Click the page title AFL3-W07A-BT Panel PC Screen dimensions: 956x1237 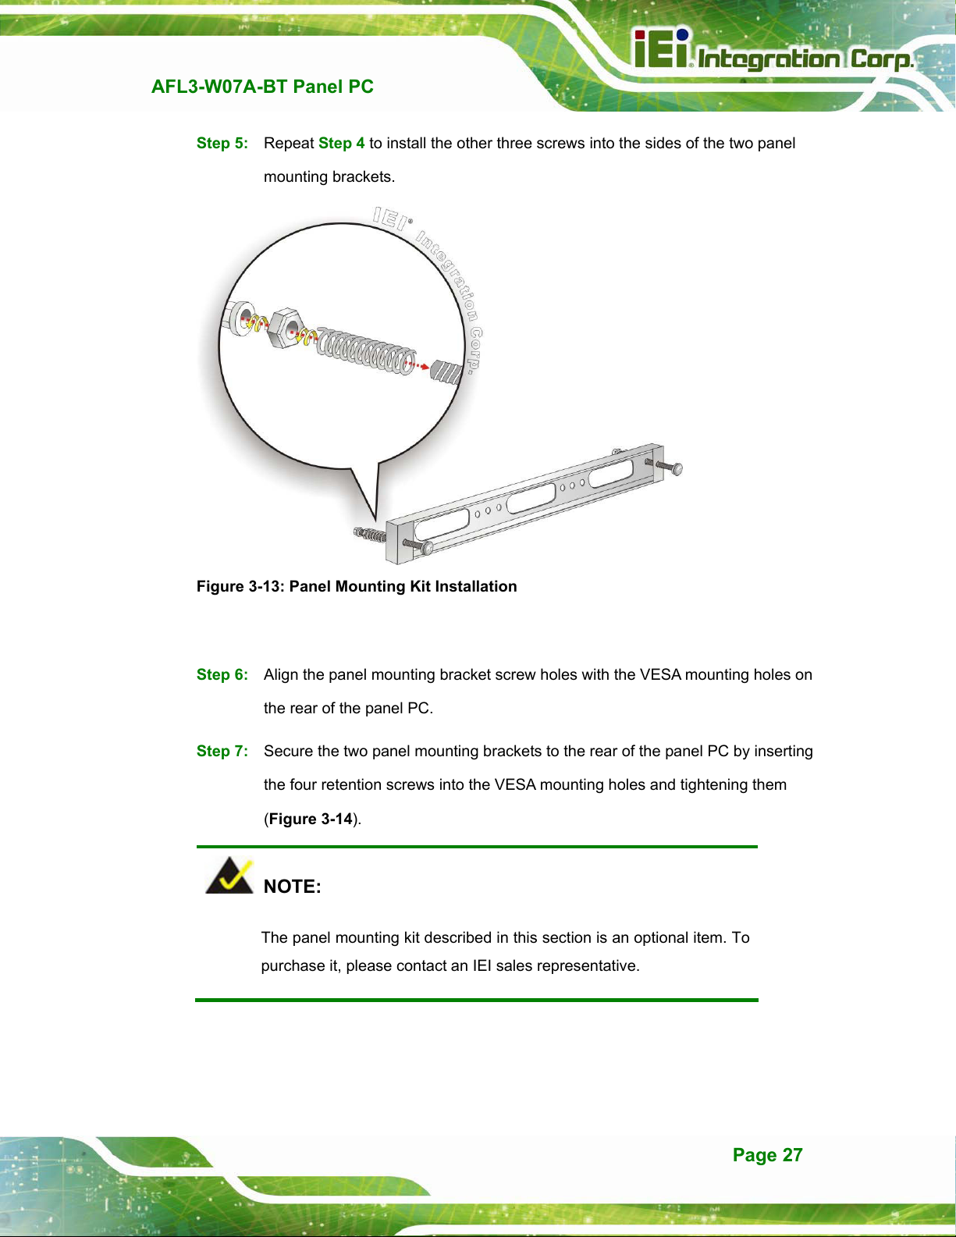pyautogui.click(x=262, y=87)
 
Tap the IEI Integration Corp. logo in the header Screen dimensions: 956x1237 pyautogui.click(x=774, y=50)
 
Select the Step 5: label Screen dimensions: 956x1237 pyautogui.click(x=222, y=143)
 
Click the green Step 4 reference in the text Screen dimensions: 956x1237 pyautogui.click(x=342, y=143)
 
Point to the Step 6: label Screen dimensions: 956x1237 pyautogui.click(x=222, y=674)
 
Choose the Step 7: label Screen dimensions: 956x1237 pyautogui.click(x=222, y=751)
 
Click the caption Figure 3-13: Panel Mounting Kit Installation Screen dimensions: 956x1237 pyautogui.click(x=357, y=586)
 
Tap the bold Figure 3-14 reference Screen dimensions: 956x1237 pyautogui.click(x=311, y=819)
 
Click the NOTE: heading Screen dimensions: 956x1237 pyautogui.click(x=293, y=887)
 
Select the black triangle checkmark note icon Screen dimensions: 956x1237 pyautogui.click(x=229, y=876)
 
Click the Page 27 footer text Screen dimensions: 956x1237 pyautogui.click(x=768, y=1154)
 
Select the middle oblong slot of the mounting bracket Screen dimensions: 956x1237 pyautogui.click(x=531, y=498)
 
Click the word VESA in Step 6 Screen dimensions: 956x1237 pyautogui.click(x=660, y=674)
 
